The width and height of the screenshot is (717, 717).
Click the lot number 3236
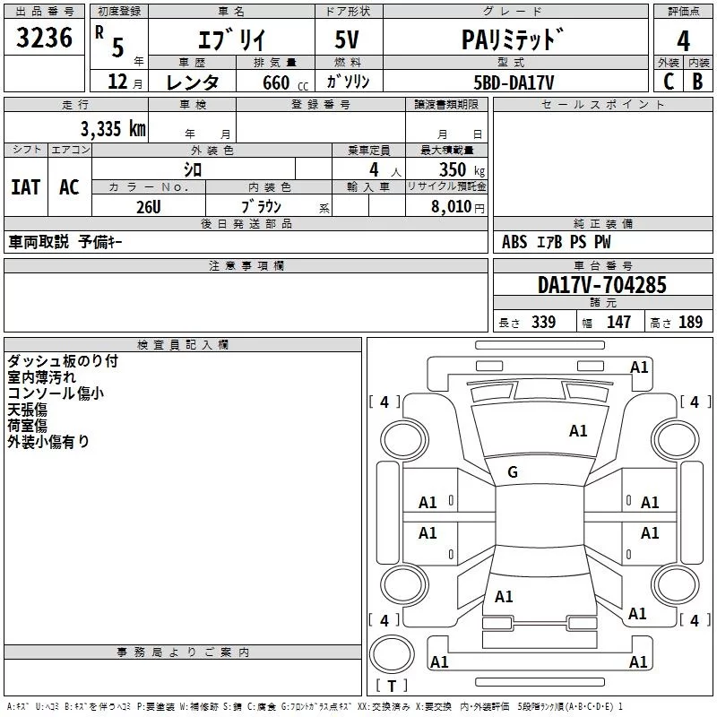pos(45,39)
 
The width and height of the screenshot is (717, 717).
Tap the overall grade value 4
pos(684,40)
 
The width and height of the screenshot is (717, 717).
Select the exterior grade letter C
pos(668,82)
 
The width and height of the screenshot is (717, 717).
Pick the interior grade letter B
pos(698,82)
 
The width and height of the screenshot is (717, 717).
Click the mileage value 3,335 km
pos(113,128)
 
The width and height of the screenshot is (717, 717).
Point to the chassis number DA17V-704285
pos(602,285)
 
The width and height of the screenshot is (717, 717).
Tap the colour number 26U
pos(148,205)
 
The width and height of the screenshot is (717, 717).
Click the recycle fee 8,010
pos(452,206)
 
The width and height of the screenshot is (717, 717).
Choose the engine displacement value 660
pos(275,82)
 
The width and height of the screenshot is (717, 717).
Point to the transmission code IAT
pos(25,186)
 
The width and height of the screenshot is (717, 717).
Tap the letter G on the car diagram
pos(513,472)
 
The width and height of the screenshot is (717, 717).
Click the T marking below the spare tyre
pos(391,686)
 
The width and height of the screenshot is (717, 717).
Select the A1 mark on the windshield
pos(578,431)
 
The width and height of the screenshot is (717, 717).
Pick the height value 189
pos(690,323)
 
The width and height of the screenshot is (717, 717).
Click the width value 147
pos(618,323)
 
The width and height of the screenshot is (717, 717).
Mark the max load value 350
pos(452,170)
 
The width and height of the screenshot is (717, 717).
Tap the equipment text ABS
pos(514,242)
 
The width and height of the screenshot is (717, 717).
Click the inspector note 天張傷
pos(27,409)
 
